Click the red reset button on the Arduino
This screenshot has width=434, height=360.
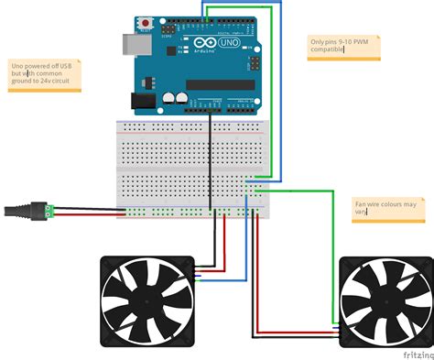point(144,21)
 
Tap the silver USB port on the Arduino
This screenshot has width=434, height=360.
point(126,43)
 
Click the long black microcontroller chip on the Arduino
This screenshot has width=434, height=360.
point(220,85)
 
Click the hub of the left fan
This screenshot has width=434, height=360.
point(146,301)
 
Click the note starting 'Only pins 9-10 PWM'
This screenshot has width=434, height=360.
point(342,47)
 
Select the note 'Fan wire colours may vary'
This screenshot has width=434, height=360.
point(388,207)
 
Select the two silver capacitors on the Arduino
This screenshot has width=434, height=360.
point(175,96)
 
